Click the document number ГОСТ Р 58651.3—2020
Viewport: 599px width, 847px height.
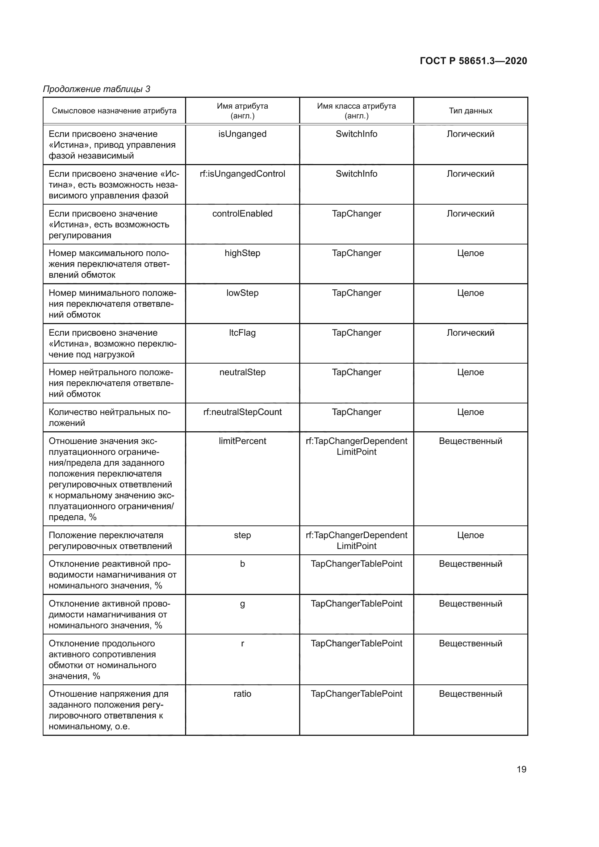pyautogui.click(x=473, y=61)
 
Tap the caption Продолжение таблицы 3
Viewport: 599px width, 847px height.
pyautogui.click(x=97, y=89)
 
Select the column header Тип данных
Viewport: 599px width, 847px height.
pyautogui.click(x=470, y=111)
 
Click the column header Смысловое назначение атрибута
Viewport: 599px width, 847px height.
pyautogui.click(x=114, y=111)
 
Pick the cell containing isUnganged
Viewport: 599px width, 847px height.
pyautogui.click(x=242, y=134)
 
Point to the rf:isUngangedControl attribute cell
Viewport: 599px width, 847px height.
pyautogui.click(x=242, y=174)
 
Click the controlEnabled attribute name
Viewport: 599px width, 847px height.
pyautogui.click(x=242, y=214)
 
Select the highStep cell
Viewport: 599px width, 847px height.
pyautogui.click(x=242, y=253)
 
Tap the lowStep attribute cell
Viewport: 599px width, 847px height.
pyautogui.click(x=242, y=293)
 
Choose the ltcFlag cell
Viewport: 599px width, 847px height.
pyautogui.click(x=242, y=333)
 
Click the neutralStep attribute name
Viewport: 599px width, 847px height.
pyautogui.click(x=242, y=372)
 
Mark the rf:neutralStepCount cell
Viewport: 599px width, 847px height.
pyautogui.click(x=242, y=412)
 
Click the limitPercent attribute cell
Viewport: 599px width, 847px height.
pyautogui.click(x=242, y=441)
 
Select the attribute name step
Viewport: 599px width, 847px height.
pyautogui.click(x=242, y=535)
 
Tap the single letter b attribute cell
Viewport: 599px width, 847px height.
pyautogui.click(x=242, y=564)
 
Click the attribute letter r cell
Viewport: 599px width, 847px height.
pyautogui.click(x=242, y=643)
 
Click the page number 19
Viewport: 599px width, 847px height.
pyautogui.click(x=521, y=769)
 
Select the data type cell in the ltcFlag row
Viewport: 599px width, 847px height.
pyautogui.click(x=470, y=333)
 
